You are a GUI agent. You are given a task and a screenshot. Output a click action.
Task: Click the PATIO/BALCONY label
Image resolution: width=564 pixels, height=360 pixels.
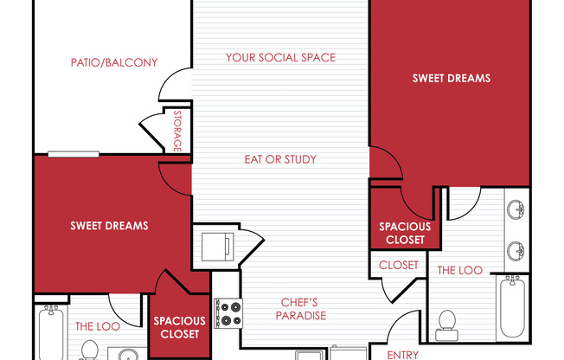coord(114,62)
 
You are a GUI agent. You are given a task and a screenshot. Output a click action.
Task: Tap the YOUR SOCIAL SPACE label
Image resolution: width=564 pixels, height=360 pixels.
coord(280,58)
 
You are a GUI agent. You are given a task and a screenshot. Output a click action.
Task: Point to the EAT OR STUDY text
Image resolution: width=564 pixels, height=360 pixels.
coord(280,159)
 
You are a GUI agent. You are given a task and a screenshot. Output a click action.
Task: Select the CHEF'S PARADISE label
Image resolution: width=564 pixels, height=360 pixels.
coord(301,309)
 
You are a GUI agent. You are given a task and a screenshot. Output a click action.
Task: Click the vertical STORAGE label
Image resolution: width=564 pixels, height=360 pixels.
coord(177,131)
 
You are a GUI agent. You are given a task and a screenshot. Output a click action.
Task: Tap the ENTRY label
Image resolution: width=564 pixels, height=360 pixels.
coord(402,355)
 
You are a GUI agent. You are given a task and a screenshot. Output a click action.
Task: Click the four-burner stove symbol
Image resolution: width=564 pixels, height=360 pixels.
coord(228,313)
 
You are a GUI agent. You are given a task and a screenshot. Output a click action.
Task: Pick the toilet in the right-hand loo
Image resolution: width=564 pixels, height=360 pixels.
coord(446,325)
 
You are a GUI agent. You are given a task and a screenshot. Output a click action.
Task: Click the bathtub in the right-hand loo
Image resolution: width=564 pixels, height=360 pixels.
coord(512,306)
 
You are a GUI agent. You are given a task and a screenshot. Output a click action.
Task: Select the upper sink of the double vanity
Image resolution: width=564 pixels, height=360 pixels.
coord(516,209)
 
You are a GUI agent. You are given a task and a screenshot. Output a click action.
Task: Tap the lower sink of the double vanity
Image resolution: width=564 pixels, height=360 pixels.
coord(516,251)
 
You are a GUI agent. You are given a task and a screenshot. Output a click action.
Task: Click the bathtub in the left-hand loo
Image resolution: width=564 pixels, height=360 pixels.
coord(51,332)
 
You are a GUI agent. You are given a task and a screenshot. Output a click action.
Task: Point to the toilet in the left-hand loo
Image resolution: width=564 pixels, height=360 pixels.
coord(90,350)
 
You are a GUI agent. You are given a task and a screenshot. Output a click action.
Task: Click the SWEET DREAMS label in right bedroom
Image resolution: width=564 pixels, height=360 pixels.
coord(452,78)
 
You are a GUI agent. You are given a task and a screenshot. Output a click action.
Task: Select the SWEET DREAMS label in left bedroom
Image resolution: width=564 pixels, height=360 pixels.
coord(109,226)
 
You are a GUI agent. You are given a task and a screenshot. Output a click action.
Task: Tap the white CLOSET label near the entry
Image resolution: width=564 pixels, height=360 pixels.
coord(398,266)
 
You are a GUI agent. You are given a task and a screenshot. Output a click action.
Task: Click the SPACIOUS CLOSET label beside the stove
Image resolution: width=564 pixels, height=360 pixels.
coord(179,327)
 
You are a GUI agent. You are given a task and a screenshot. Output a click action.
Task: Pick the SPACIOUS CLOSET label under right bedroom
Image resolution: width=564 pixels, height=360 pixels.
coord(405,233)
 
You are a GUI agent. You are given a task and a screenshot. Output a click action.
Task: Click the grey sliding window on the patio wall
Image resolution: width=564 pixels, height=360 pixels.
coord(74,154)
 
